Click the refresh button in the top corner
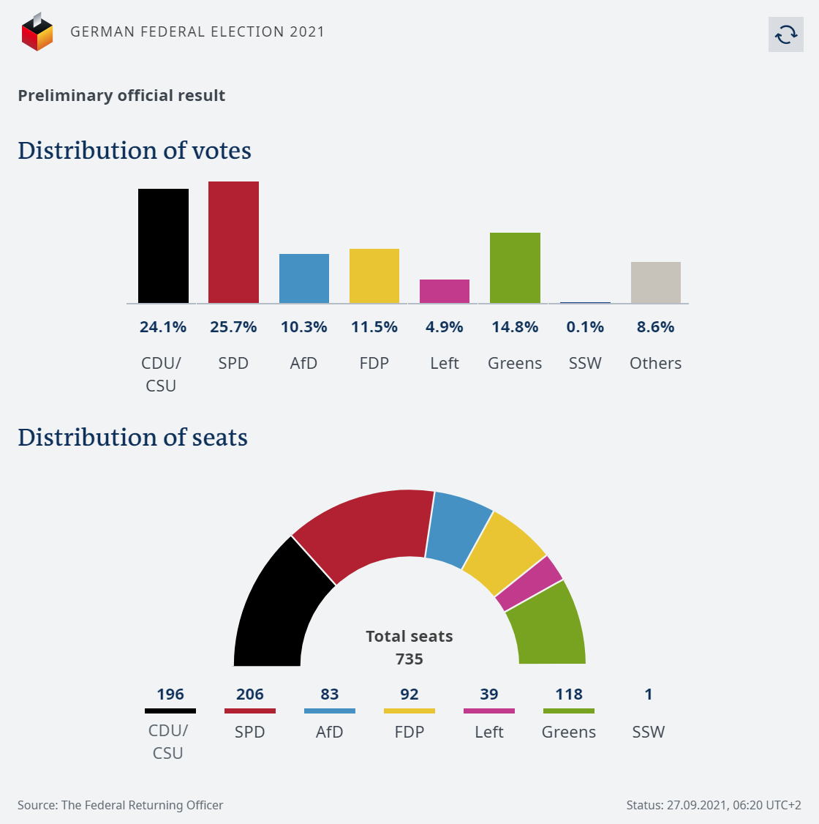[x=786, y=34]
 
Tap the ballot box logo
[x=37, y=32]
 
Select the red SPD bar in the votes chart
[x=233, y=242]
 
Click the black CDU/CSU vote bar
[x=163, y=246]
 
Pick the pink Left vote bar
[x=445, y=291]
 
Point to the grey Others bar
[x=656, y=282]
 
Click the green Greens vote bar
[x=515, y=268]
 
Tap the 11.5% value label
[x=374, y=327]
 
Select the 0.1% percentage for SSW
[x=585, y=327]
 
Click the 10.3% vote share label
[x=304, y=327]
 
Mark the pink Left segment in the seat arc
[x=529, y=583]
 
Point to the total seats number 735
[x=409, y=659]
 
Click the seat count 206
[x=250, y=694]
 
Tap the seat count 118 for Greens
[x=569, y=694]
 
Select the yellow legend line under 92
[x=409, y=711]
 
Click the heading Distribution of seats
[x=132, y=437]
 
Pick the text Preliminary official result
[x=121, y=96]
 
